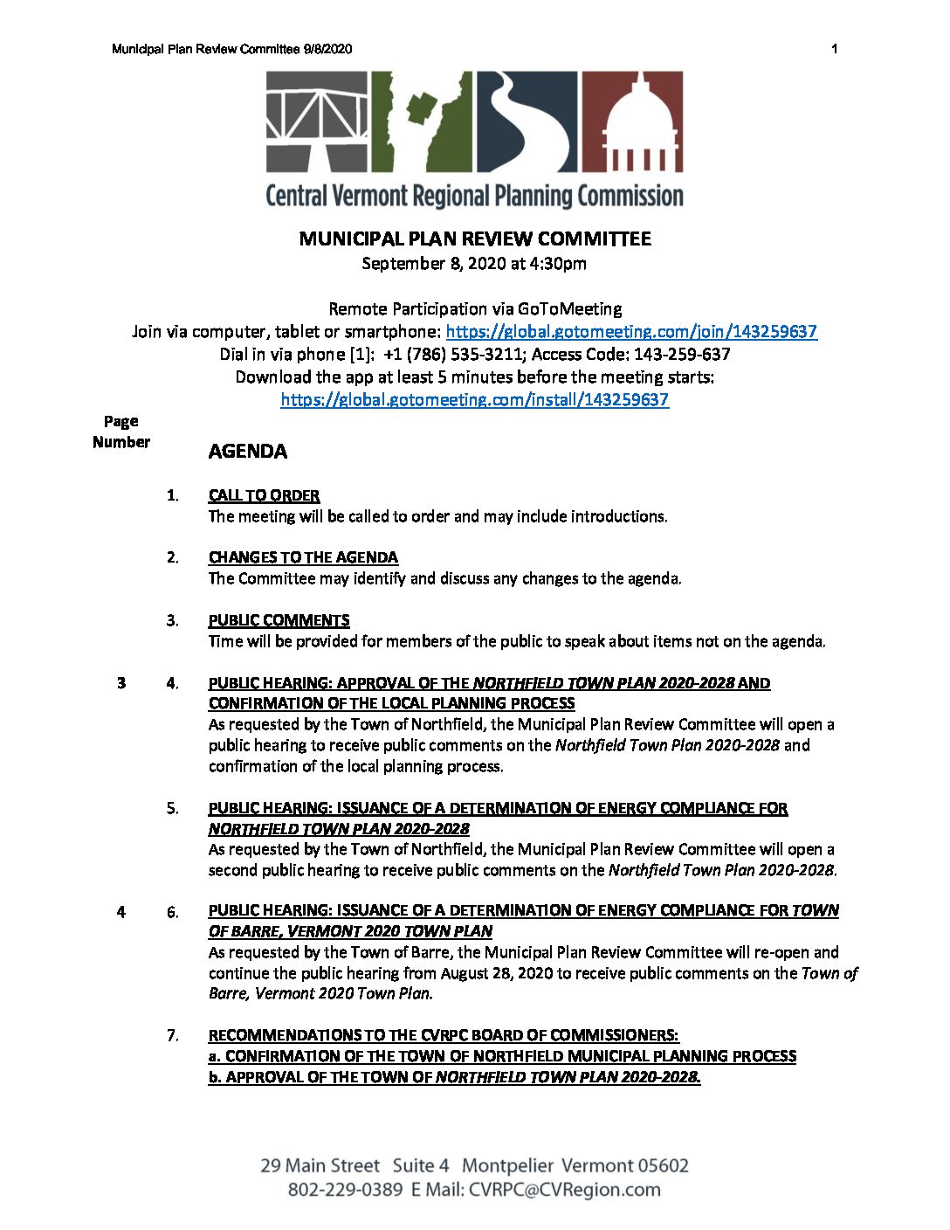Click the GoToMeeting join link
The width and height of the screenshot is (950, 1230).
click(630, 332)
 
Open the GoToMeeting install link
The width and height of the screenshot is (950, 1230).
click(474, 400)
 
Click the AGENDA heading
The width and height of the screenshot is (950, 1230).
click(247, 452)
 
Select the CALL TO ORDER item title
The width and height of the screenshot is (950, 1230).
click(264, 495)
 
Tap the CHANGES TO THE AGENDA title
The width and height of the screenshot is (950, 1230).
click(303, 557)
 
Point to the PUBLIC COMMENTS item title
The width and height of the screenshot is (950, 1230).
click(279, 620)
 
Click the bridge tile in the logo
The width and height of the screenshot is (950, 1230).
click(317, 121)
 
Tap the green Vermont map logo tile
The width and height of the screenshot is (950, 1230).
click(422, 121)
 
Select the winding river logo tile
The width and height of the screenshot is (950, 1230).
click(527, 121)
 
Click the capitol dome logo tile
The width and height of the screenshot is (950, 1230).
click(632, 121)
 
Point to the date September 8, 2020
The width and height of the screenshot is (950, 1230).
click(434, 264)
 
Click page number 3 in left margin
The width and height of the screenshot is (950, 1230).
click(121, 683)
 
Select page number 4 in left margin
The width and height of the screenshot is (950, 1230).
click(121, 912)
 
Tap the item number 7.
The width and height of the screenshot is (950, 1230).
click(173, 1036)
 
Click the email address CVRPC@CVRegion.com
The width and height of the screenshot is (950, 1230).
click(564, 1190)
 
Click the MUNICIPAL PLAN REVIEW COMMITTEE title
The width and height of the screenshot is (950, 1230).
click(474, 239)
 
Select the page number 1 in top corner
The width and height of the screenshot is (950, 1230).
click(834, 49)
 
